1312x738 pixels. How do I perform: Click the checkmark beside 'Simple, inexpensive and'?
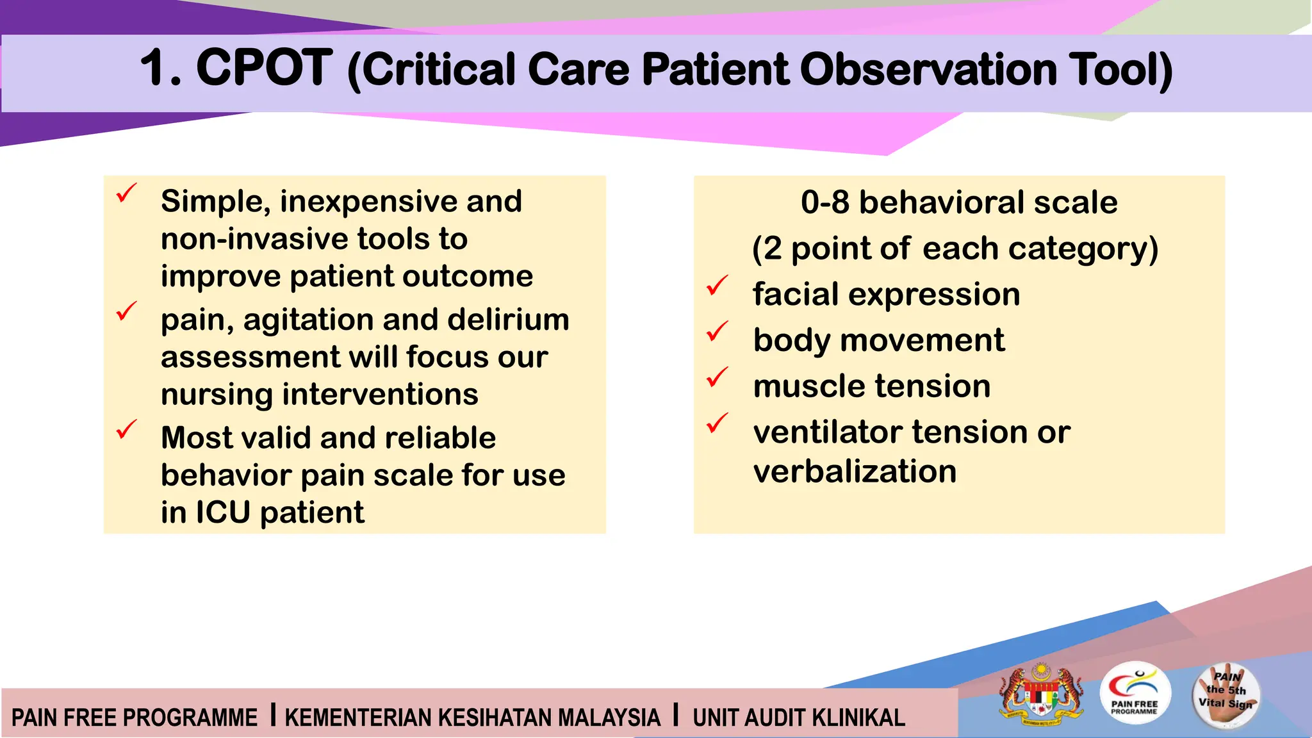point(127,193)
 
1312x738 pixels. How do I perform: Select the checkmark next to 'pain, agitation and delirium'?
point(127,311)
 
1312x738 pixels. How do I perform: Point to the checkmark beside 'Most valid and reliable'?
point(127,429)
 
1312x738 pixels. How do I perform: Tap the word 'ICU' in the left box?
point(222,512)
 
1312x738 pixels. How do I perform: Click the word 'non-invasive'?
point(253,239)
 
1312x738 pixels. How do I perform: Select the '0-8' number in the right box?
point(824,202)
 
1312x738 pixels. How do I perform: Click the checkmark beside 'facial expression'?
point(717,285)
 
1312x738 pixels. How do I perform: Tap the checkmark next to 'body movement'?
point(717,331)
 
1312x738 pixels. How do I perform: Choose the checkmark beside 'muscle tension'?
point(717,377)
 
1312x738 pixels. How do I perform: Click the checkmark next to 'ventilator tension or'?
point(717,423)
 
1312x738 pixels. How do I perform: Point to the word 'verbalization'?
point(855,471)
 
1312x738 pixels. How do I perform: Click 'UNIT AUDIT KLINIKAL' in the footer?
point(798,717)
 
